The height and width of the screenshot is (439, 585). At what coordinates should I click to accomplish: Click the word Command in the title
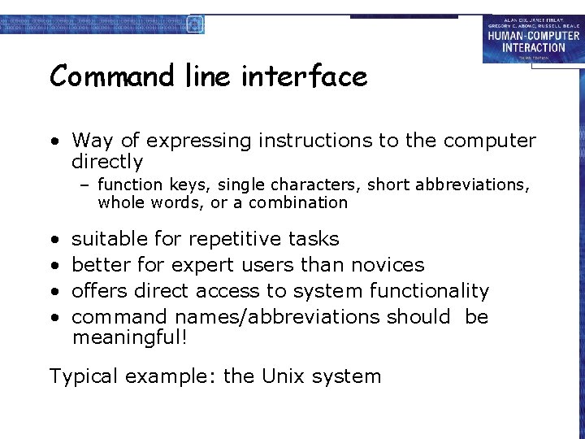[x=112, y=77]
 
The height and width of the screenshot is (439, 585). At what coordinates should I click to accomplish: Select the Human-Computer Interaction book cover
[x=532, y=39]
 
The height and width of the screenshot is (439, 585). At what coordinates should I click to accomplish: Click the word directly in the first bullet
[x=107, y=162]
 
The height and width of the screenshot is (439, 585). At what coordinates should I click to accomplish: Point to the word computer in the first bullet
[x=490, y=141]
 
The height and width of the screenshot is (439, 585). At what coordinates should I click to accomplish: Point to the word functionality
[x=429, y=291]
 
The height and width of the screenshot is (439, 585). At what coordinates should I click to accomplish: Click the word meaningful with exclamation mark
[x=130, y=337]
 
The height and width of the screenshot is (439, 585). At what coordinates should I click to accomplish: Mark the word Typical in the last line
[x=82, y=376]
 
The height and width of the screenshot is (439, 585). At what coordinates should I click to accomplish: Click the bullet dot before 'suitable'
[x=53, y=240]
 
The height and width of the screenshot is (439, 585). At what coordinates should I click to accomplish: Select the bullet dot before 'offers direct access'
[x=53, y=292]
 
